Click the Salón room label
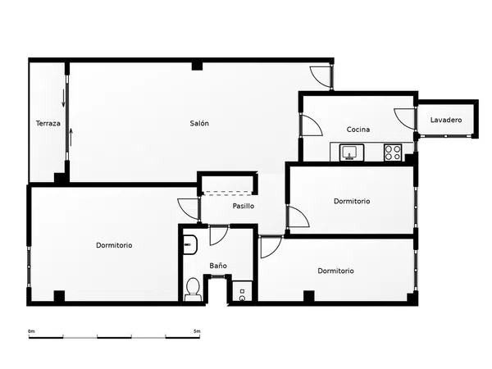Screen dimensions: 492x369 (x=199, y=123)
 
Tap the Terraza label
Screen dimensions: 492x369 (x=48, y=123)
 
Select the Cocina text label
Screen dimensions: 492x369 (x=358, y=130)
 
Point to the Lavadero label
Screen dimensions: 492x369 (x=446, y=120)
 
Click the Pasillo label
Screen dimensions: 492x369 (x=244, y=206)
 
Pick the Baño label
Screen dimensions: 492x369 (x=218, y=266)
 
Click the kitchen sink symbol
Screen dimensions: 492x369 (x=352, y=153)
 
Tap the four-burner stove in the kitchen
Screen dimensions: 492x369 (x=393, y=153)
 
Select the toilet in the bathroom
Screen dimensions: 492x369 (x=193, y=289)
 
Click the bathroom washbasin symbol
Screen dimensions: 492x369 (x=190, y=244)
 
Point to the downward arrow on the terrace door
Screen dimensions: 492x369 (x=63, y=98)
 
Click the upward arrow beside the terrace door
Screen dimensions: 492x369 (x=71, y=137)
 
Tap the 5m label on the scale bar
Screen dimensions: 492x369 (x=197, y=331)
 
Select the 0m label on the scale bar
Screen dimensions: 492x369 (x=31, y=331)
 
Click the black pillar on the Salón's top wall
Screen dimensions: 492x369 (x=197, y=66)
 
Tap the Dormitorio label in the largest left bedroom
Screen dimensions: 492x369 (x=114, y=245)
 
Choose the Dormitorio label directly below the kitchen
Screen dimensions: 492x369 (x=352, y=201)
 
